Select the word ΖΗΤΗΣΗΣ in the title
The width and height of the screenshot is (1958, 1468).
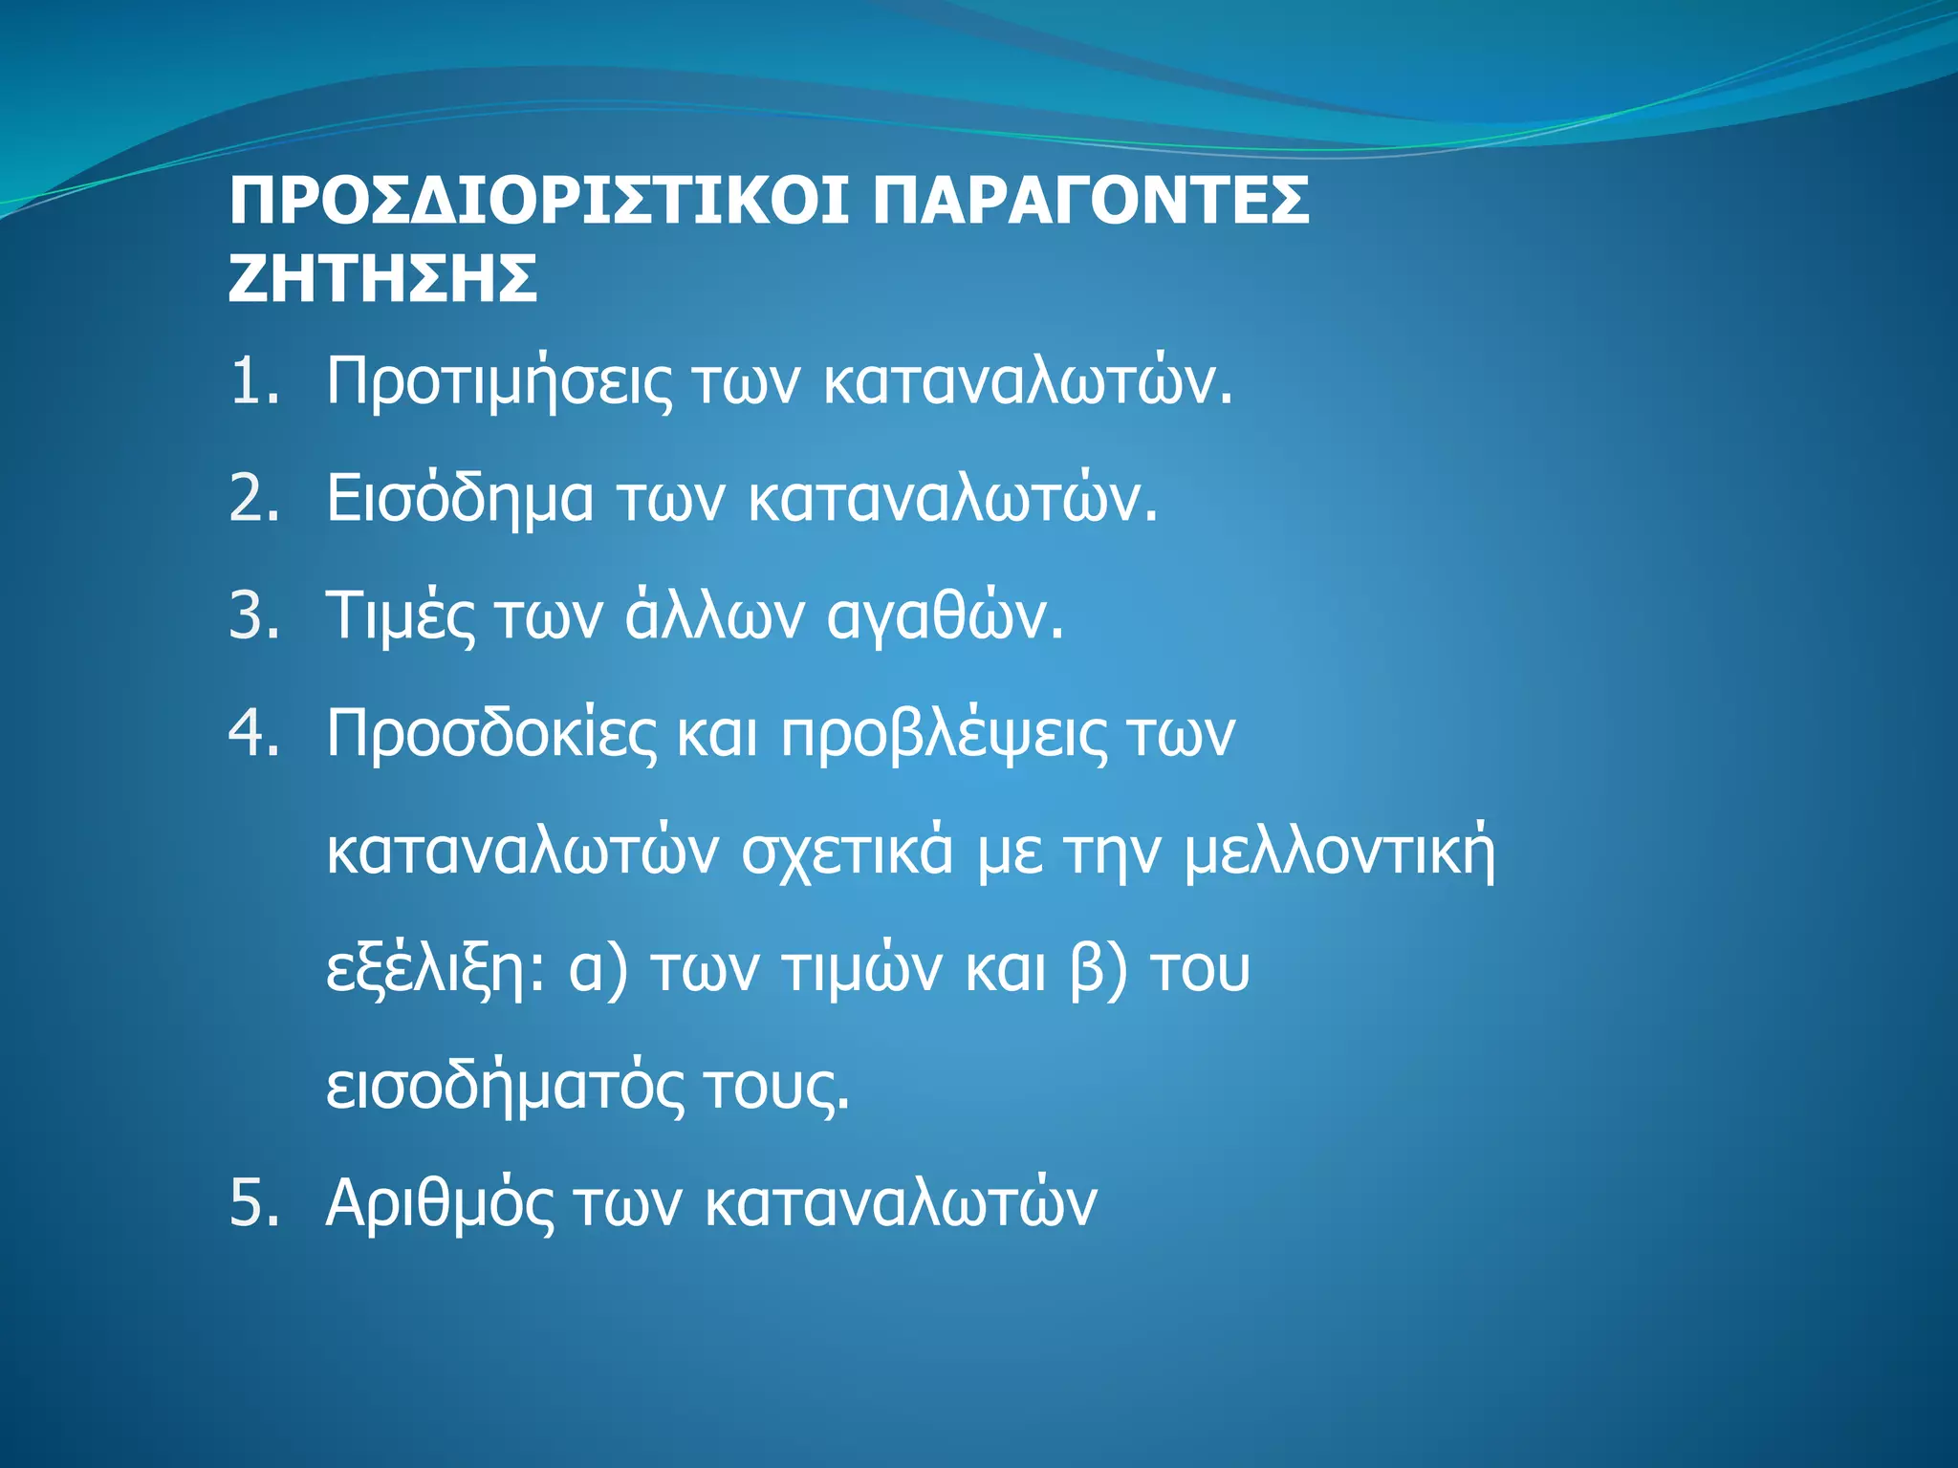pyautogui.click(x=382, y=279)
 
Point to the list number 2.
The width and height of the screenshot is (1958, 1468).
pyautogui.click(x=252, y=499)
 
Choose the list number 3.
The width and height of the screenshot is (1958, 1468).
pyautogui.click(x=252, y=616)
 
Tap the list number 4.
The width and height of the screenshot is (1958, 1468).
pyautogui.click(x=252, y=734)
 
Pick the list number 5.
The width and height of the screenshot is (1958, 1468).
pyautogui.click(x=252, y=1203)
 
